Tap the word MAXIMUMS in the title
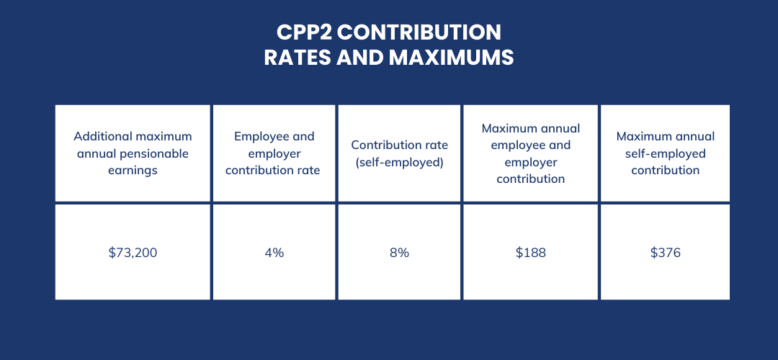[x=452, y=58]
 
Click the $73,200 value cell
[x=133, y=253]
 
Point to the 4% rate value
[x=274, y=253]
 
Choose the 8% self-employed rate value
[x=399, y=253]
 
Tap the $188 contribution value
[x=531, y=253]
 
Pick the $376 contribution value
[x=665, y=253]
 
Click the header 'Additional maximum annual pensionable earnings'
[x=133, y=153]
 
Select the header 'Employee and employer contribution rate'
[x=274, y=153]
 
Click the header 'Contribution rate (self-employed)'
[x=399, y=153]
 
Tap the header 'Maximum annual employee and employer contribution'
[x=531, y=153]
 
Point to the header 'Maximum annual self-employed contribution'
[x=665, y=153]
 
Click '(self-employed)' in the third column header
[x=399, y=162]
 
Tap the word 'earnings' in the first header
[x=133, y=171]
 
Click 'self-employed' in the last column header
[x=665, y=153]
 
